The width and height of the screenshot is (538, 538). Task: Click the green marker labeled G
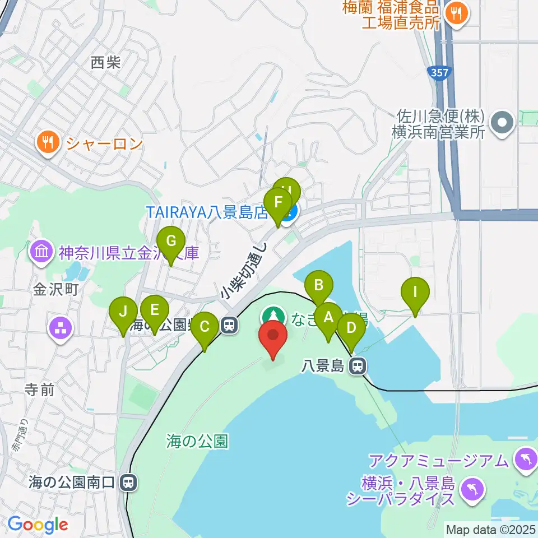pyautogui.click(x=171, y=242)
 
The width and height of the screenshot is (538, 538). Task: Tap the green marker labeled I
pyautogui.click(x=415, y=292)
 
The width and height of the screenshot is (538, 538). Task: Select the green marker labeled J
pyautogui.click(x=124, y=312)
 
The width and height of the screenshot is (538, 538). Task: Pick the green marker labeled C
pyautogui.click(x=205, y=327)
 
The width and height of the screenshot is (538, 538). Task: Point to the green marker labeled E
pyautogui.click(x=155, y=310)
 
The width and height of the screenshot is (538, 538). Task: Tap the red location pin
pyautogui.click(x=273, y=336)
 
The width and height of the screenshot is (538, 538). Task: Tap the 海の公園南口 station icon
pyautogui.click(x=129, y=482)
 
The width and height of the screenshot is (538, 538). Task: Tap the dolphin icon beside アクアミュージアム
pyautogui.click(x=526, y=461)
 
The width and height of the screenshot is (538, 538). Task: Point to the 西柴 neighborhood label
pyautogui.click(x=106, y=62)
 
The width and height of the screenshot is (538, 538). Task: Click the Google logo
pyautogui.click(x=38, y=525)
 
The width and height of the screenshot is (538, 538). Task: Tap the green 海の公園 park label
pyautogui.click(x=197, y=442)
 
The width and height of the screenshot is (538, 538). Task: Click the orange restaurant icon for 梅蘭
pyautogui.click(x=457, y=14)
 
